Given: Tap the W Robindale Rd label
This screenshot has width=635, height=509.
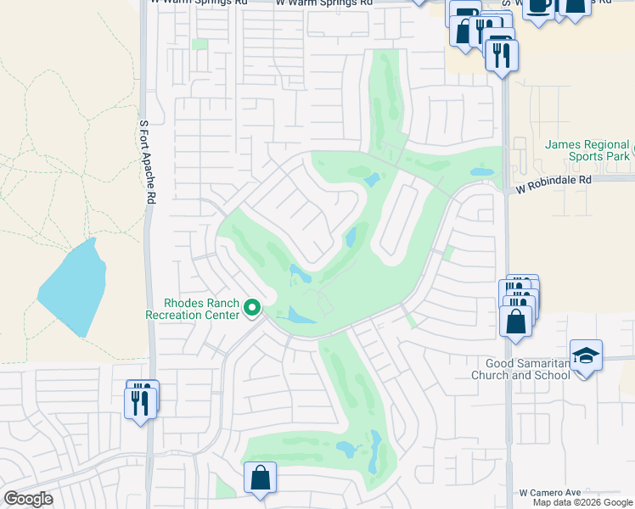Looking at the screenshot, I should (553, 181).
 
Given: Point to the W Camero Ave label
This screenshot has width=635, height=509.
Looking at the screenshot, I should (549, 492).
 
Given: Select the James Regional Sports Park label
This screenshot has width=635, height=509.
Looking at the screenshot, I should (587, 151).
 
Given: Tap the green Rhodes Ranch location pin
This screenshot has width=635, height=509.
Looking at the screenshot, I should (251, 308).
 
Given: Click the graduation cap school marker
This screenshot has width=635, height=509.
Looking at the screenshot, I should (586, 355).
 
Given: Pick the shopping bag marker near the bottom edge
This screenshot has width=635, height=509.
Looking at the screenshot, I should (260, 478).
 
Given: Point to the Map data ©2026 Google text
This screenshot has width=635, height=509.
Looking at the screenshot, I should (583, 502).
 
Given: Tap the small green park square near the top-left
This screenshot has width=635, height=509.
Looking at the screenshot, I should (199, 44).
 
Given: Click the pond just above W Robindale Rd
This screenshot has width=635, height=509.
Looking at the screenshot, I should (481, 172).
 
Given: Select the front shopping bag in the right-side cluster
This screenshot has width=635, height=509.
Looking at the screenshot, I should (515, 322).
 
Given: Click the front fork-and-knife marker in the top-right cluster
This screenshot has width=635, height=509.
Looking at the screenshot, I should (502, 55).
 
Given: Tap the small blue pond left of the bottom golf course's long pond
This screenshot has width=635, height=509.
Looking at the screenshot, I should (346, 448).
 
